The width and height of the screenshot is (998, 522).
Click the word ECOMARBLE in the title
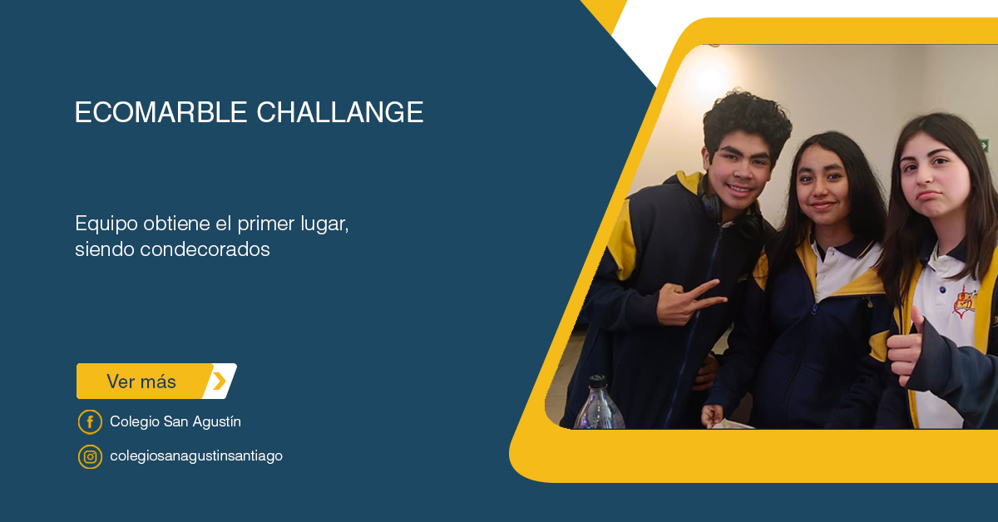[161, 112]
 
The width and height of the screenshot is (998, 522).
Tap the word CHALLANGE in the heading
[339, 112]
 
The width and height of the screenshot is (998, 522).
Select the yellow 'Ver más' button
[156, 382]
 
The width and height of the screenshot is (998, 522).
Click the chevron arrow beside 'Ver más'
[220, 382]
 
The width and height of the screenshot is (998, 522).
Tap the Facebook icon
[90, 421]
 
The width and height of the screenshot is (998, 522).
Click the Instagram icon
[90, 456]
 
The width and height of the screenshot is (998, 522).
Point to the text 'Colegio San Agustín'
[175, 421]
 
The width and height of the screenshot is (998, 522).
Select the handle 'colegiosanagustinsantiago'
[196, 456]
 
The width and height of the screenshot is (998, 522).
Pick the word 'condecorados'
[205, 249]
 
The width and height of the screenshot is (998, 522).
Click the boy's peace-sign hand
[689, 301]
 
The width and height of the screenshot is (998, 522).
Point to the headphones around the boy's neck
[731, 209]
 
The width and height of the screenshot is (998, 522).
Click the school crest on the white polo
[966, 303]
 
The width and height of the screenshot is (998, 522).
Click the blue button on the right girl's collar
[941, 290]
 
